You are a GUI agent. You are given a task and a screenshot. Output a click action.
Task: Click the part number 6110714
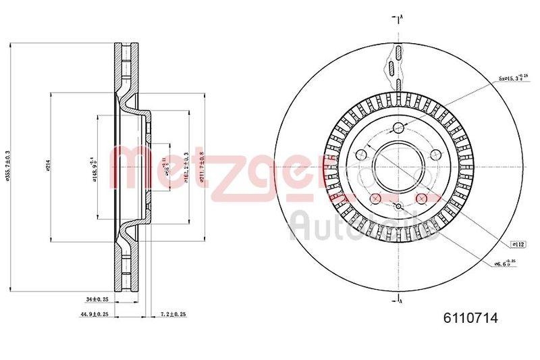click(x=470, y=319)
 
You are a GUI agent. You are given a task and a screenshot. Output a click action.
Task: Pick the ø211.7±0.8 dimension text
click(x=202, y=166)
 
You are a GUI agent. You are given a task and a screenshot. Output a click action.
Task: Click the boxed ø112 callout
click(x=518, y=243)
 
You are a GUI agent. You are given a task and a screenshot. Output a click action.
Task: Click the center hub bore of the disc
click(x=399, y=165)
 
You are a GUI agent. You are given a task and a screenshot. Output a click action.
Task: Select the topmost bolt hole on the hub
click(x=399, y=128)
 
